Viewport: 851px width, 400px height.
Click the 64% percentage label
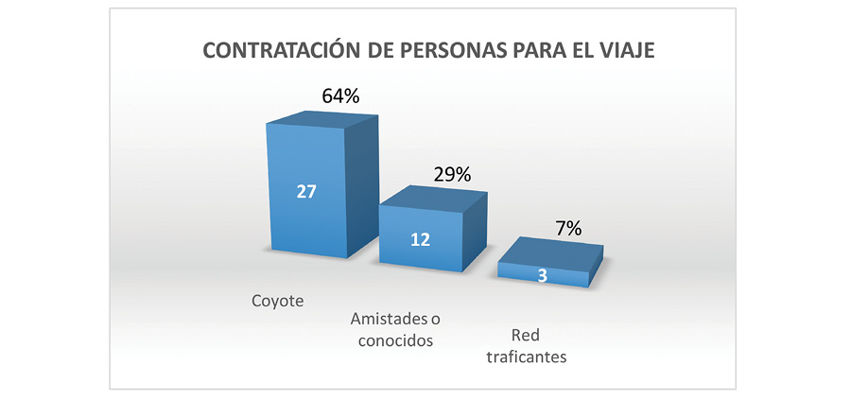point(339,96)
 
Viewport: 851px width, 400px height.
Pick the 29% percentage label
point(451,174)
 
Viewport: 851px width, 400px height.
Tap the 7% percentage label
point(568,228)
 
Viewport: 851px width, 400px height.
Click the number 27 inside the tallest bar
point(305,191)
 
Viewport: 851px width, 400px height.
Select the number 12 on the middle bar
point(421,239)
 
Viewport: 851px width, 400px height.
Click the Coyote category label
point(278,301)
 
